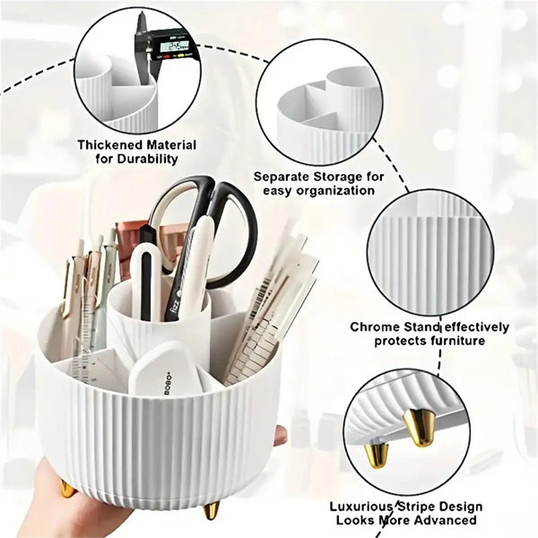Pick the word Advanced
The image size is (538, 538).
446,520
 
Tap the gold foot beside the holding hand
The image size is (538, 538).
65,489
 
